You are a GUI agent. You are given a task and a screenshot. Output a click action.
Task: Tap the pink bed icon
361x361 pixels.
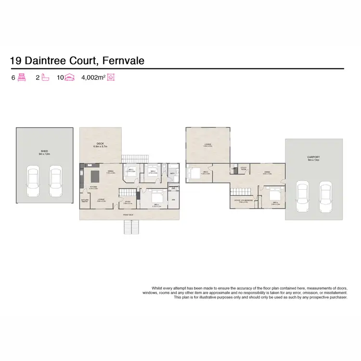click(21, 77)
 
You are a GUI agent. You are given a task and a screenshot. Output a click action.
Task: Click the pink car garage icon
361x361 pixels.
click(71, 77)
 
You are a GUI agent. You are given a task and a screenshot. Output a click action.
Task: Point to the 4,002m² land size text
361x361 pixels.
click(93, 77)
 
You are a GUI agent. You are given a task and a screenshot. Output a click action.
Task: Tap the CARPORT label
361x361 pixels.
click(314, 157)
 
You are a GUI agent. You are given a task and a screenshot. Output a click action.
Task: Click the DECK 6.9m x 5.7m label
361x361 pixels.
click(101, 144)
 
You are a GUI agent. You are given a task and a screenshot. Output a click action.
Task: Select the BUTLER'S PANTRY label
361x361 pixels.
click(84, 202)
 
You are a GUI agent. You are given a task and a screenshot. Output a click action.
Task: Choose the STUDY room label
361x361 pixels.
click(128, 203)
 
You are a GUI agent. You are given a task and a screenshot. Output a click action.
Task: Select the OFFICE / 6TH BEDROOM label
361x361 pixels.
click(244, 200)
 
